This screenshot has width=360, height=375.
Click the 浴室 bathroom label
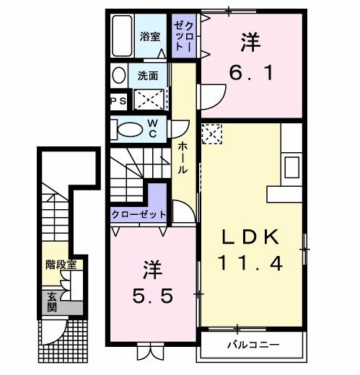[150, 36]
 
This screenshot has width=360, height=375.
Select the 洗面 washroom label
[149, 74]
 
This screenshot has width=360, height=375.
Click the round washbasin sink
[119, 75]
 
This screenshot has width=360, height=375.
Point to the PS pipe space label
[118, 101]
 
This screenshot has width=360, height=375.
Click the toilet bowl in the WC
[130, 129]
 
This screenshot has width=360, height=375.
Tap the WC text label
[154, 128]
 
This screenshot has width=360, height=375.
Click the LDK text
[250, 237]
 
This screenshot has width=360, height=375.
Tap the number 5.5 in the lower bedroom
[152, 295]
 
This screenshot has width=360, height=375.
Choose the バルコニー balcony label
[254, 345]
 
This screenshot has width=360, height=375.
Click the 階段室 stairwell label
[61, 265]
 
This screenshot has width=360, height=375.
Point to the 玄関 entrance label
[53, 301]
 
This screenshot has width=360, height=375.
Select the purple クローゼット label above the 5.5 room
[139, 214]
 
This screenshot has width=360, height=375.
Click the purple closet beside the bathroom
[182, 36]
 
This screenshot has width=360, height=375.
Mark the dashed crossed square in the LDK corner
[212, 134]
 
